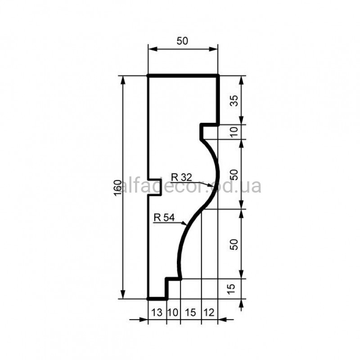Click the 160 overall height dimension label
click(x=117, y=188)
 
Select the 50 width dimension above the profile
click(x=182, y=41)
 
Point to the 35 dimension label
click(x=234, y=101)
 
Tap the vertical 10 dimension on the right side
click(x=234, y=132)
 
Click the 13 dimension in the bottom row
click(x=157, y=312)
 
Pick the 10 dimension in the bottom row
click(x=173, y=312)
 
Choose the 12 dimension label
click(x=209, y=312)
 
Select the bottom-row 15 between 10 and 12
click(x=190, y=312)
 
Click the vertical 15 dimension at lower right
click(x=231, y=289)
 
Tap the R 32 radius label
click(x=181, y=177)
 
